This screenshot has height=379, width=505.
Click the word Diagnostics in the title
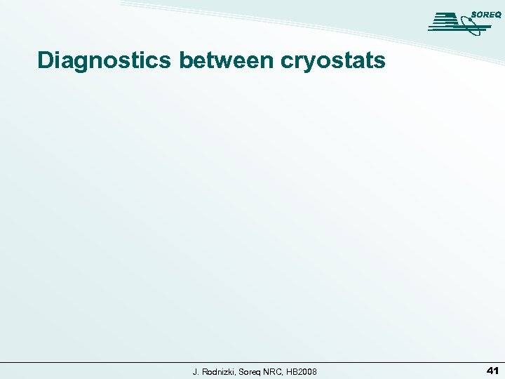click(104, 60)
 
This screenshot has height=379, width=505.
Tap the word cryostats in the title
click(332, 62)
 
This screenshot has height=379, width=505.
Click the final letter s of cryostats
click(379, 62)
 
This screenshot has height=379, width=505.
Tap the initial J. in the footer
click(196, 371)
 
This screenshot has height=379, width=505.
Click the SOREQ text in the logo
click(486, 14)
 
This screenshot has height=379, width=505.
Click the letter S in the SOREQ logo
click(475, 14)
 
